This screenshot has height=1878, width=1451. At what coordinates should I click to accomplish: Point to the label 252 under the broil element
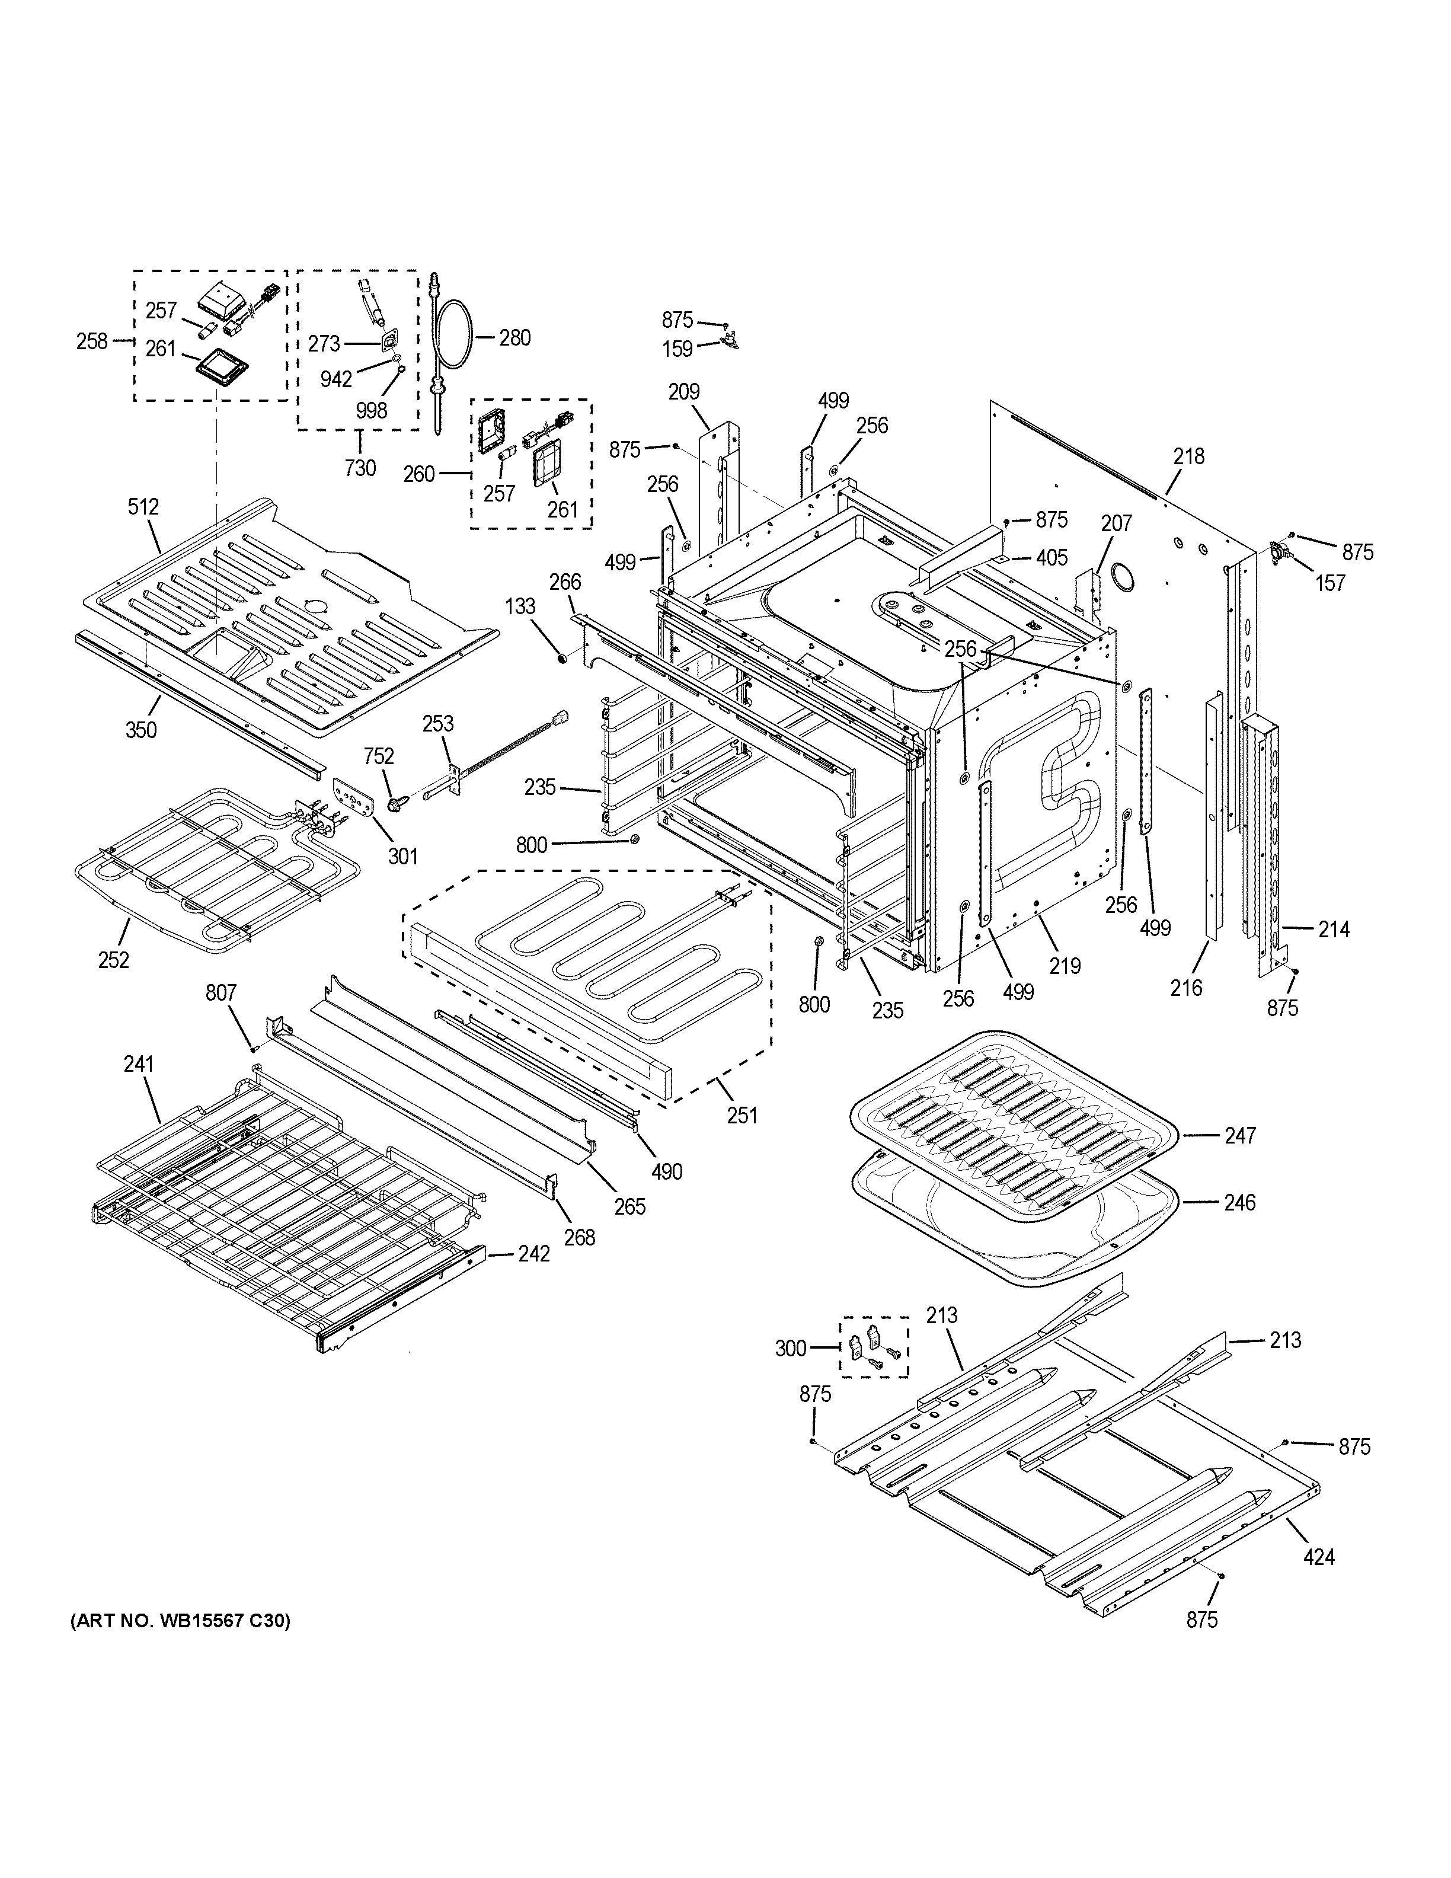click(113, 960)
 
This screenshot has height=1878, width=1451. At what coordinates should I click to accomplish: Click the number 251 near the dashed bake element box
click(742, 1115)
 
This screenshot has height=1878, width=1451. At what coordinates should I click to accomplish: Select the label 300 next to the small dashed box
click(790, 1348)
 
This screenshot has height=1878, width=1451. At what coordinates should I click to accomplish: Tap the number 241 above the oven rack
click(138, 1065)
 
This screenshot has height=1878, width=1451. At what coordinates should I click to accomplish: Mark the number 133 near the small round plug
click(520, 607)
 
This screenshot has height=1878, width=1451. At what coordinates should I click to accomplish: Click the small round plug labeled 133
click(561, 659)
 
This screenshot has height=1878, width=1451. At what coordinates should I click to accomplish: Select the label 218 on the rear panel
click(1189, 456)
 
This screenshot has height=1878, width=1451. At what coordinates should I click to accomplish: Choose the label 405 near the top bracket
click(1052, 558)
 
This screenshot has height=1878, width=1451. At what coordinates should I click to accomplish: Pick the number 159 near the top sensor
click(677, 350)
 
